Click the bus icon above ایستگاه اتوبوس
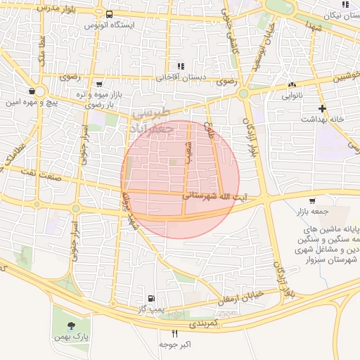109,14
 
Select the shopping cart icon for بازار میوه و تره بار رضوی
98,83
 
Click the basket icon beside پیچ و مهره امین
32,91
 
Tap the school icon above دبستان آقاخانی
180,65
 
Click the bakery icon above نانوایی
292,84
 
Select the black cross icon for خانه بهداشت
322,108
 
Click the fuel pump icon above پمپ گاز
151,298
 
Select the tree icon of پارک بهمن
71,326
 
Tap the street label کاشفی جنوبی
228,25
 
